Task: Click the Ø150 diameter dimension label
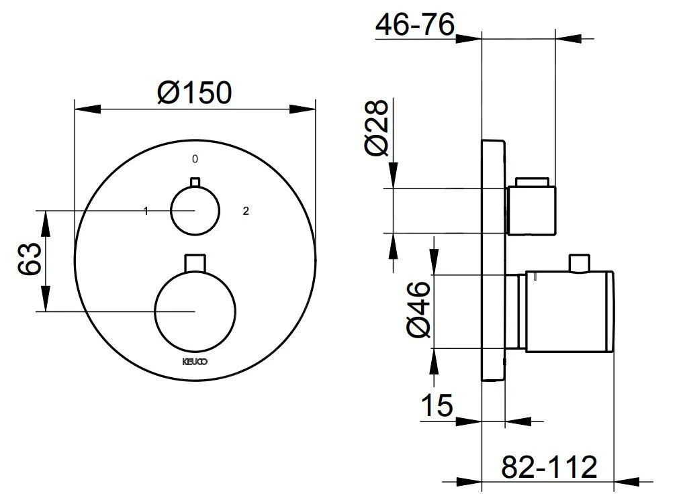194,92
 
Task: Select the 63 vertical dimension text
31,260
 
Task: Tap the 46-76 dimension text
414,25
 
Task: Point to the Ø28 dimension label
377,128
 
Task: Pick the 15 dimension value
437,405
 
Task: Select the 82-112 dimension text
549,465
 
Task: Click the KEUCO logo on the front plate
195,361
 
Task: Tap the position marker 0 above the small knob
195,159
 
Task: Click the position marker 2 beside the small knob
246,211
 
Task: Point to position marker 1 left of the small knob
146,211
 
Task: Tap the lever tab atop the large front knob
195,262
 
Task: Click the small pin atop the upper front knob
195,182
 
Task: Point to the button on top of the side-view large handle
578,263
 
